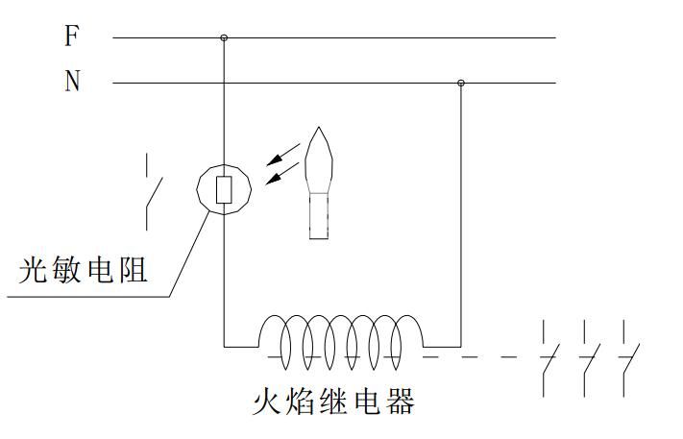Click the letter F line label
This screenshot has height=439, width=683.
(72, 37)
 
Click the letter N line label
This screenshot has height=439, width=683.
(72, 82)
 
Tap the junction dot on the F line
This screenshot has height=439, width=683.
(224, 38)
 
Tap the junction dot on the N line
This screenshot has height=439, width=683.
(460, 84)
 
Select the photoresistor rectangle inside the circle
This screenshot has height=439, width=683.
(224, 189)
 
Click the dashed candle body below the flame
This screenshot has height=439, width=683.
(317, 212)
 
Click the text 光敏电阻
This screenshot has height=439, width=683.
(85, 270)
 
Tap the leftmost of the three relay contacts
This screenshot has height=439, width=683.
(548, 359)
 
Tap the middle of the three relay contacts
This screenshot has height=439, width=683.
(588, 359)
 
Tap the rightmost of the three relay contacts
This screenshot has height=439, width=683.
(628, 359)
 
